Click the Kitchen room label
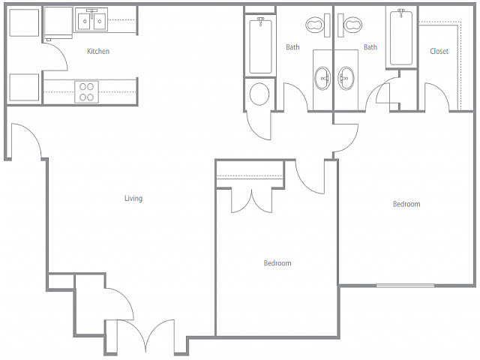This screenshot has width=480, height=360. coord(98,51)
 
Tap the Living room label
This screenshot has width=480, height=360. coord(133,198)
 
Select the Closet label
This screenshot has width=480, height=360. coord(439,51)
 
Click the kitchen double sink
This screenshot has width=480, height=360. coord(91,20)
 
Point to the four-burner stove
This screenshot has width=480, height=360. coord(87,91)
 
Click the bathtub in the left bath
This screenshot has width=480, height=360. coord(260,46)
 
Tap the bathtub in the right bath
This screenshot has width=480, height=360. coord(401,37)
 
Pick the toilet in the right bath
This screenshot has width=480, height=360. coord(349,25)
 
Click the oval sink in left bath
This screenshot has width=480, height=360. coord(323,78)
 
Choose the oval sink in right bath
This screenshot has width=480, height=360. coord(346,78)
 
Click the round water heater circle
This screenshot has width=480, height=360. coord(259,94)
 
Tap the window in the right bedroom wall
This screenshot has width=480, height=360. coord(405,286)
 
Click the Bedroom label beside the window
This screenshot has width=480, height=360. coord(406,204)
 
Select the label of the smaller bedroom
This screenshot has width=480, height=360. coord(277,263)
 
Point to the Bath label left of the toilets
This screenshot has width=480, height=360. coord(292,47)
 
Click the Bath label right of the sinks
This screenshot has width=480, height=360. coord(370,47)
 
